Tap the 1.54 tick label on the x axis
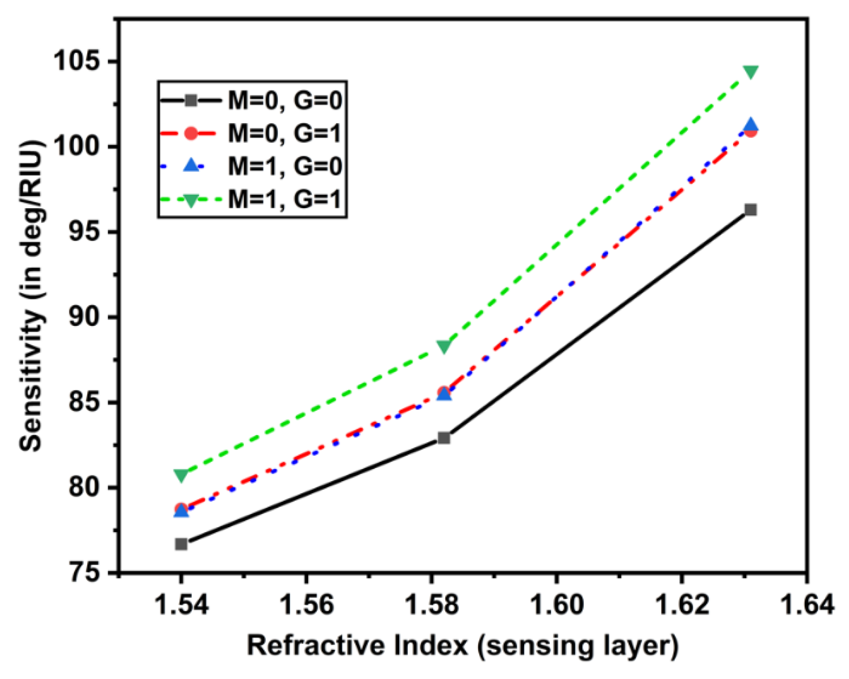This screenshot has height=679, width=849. (181, 604)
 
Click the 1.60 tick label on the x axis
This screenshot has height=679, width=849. (556, 604)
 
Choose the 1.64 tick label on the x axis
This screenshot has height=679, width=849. (806, 604)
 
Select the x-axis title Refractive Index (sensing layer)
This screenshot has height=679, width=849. (462, 646)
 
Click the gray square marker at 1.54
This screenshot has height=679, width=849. (181, 544)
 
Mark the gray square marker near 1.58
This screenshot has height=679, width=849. (444, 438)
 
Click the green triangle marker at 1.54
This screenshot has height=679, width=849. (181, 475)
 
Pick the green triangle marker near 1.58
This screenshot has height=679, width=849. (444, 346)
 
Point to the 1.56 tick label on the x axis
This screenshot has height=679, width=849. (306, 604)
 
